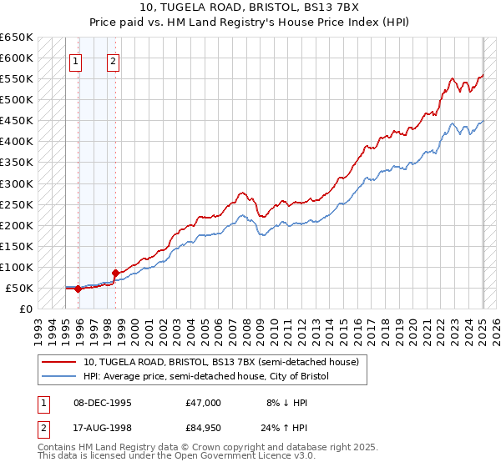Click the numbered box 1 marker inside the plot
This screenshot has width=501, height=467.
point(76,60)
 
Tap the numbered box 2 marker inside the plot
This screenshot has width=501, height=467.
point(113,60)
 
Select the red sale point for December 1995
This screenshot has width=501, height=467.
point(78,289)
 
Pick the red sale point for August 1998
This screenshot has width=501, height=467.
point(115,273)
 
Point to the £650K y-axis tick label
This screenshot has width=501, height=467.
point(17,38)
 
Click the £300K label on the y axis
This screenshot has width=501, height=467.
point(17,183)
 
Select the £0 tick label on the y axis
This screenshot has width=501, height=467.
point(26,309)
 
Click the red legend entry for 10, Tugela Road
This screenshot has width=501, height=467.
point(220,362)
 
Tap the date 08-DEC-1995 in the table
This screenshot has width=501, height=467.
point(102,402)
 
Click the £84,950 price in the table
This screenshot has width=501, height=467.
point(204,429)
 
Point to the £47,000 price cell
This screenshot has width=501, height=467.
point(204,402)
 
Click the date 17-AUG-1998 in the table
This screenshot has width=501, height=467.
point(102,429)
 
